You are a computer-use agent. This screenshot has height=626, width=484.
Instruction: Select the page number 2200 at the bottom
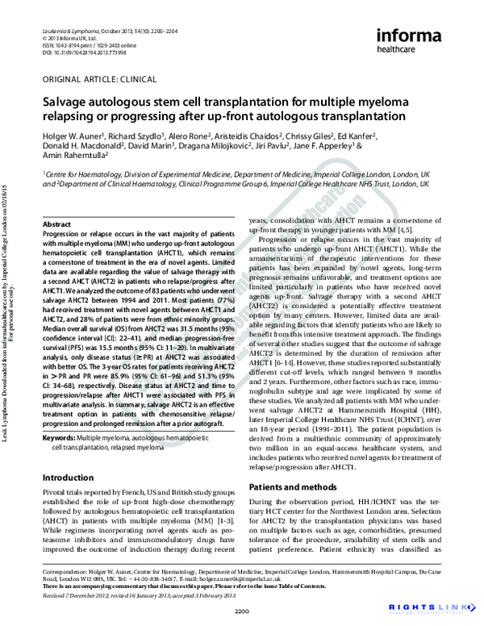pos(242,608)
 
